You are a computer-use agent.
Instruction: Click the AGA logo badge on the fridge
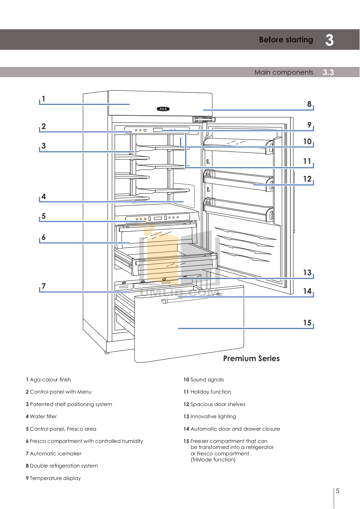coord(163,109)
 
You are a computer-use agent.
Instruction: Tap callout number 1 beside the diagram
coord(44,99)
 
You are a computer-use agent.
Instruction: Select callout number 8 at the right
coord(309,104)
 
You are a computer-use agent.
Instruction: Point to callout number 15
coord(307,323)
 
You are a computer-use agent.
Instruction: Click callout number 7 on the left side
coord(44,286)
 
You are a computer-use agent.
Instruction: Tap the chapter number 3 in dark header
coord(329,40)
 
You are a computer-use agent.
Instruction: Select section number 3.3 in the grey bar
coord(328,73)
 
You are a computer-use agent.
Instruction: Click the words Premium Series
coord(251,358)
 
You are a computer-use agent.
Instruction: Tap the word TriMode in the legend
coord(201,460)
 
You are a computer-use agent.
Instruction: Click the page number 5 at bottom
coord(337,491)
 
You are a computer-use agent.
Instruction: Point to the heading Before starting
coord(286,40)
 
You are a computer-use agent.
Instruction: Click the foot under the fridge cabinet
coord(107,353)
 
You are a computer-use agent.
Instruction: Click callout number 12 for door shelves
coord(307,179)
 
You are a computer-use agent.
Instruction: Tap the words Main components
coord(283,72)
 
